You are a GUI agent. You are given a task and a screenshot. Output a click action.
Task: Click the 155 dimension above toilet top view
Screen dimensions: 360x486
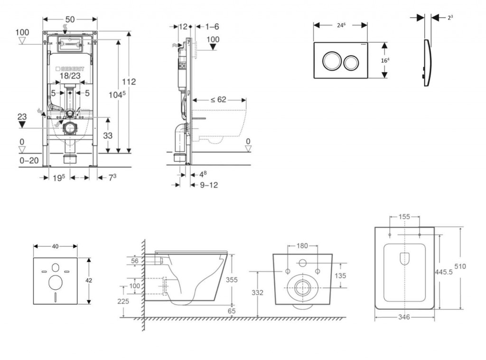coord(404,217)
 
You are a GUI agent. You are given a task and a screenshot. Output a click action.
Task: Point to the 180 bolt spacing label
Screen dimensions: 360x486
coord(302,246)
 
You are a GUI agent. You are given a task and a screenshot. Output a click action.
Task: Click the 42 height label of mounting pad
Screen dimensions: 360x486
coord(89,280)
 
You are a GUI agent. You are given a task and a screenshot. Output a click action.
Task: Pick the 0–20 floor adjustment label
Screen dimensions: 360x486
coord(29,161)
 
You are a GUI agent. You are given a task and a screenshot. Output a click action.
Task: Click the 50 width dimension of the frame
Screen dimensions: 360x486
coord(70,19)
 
